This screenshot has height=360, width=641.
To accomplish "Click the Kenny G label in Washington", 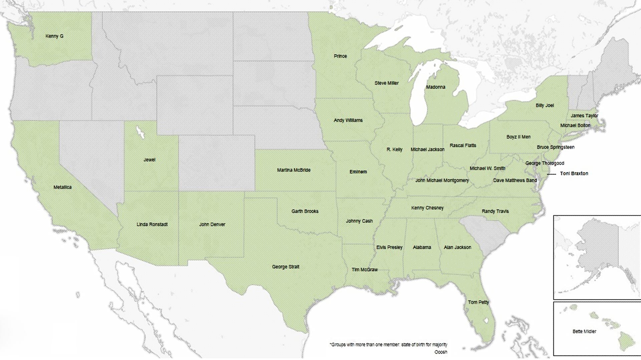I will point(54,36).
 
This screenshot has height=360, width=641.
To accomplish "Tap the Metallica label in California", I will point(62,187).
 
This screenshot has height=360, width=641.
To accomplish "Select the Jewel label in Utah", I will point(149,160).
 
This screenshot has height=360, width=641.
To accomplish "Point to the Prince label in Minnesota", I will point(340,56).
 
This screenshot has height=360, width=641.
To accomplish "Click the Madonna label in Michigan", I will point(435,87).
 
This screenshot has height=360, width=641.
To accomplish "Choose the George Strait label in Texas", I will point(285,267).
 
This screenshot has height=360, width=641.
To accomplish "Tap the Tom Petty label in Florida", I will point(478,302).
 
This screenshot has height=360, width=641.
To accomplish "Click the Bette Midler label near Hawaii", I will point(584,331).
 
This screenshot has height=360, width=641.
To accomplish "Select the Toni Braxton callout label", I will point(574,173).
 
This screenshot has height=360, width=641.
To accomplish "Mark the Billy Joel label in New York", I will point(545,105).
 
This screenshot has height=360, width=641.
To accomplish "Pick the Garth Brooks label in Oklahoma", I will point(304,211).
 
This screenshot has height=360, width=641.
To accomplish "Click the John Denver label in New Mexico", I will point(212,224).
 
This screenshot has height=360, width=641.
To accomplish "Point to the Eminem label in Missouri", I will point(358,172).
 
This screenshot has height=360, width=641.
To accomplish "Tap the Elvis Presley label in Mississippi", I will point(389,247).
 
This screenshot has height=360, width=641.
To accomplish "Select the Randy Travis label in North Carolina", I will point(495,211).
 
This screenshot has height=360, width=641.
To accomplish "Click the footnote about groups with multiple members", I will point(388,345).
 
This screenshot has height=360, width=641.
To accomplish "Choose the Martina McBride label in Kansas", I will point(293,170).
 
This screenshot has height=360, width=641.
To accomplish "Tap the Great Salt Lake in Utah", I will point(140,133).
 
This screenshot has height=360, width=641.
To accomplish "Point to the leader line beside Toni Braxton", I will point(551,174).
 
